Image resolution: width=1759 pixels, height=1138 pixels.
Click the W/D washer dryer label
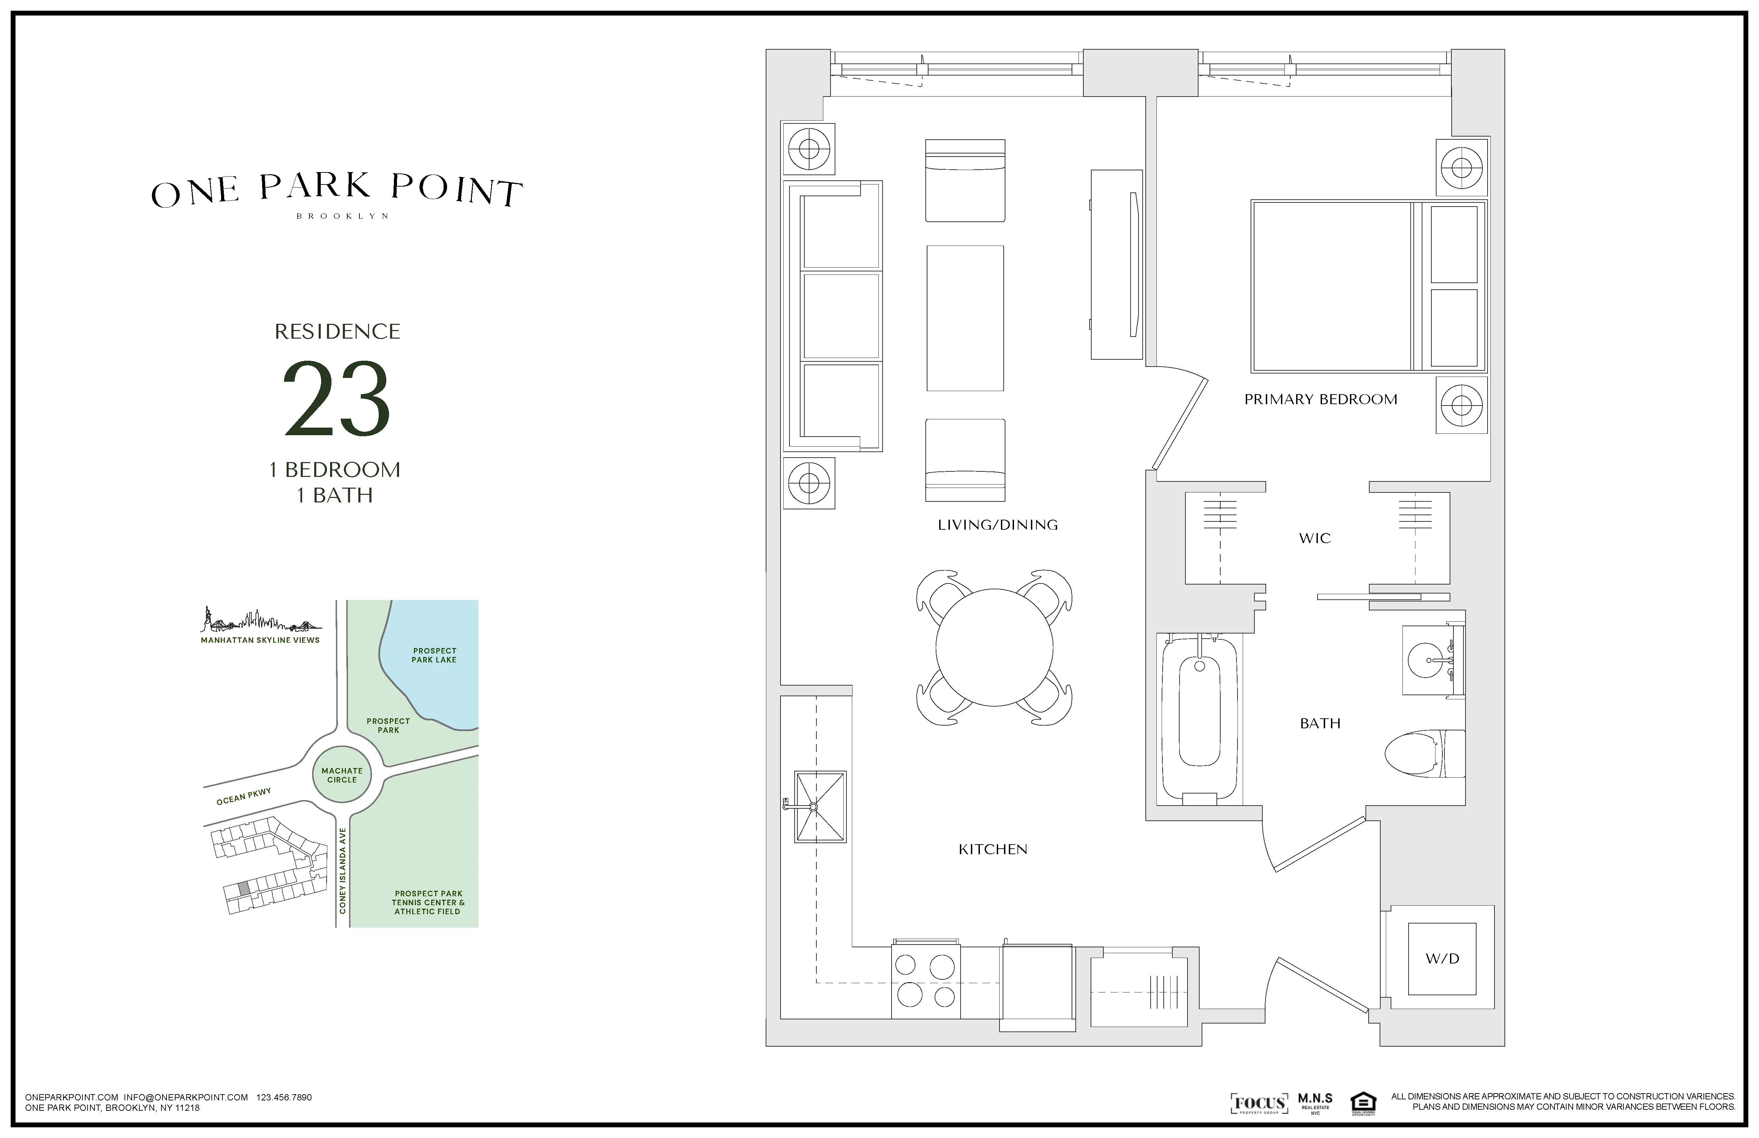[x=1442, y=958]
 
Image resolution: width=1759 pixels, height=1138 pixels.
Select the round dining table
[x=994, y=647]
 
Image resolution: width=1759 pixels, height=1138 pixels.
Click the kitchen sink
[x=819, y=807]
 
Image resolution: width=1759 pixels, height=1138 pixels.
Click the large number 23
[x=337, y=399]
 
